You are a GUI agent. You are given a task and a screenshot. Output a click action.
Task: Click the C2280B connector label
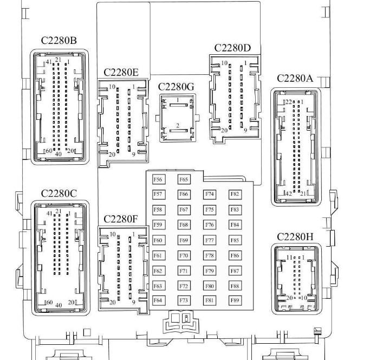click(x=59, y=41)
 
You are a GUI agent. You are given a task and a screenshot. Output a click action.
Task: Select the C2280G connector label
click(x=176, y=87)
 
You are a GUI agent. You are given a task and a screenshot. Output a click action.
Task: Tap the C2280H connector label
click(x=295, y=237)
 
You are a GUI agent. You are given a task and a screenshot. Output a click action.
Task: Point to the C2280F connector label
click(x=121, y=219)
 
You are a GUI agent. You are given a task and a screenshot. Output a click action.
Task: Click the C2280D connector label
click(x=232, y=48)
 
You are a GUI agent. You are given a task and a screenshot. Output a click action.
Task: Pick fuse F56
click(x=158, y=179)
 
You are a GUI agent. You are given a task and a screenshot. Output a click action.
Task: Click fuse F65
click(x=184, y=179)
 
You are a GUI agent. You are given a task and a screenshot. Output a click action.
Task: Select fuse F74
click(x=210, y=194)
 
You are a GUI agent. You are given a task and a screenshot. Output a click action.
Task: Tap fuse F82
click(x=235, y=194)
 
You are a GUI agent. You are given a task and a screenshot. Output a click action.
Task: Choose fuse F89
click(x=235, y=300)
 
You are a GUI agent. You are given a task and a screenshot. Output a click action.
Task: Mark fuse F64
click(x=158, y=300)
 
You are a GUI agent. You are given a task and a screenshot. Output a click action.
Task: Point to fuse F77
click(x=210, y=240)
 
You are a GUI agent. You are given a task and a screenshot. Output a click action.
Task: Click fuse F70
click(x=184, y=255)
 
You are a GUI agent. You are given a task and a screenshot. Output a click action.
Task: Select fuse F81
click(x=210, y=300)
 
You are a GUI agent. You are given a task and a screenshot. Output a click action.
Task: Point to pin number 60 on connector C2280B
click(x=49, y=151)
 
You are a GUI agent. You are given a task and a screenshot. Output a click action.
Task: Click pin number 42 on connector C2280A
click(x=288, y=194)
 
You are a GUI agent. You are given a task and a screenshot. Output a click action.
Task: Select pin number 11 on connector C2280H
click(x=290, y=257)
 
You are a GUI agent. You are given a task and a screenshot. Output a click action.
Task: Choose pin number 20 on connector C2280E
click(x=112, y=155)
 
